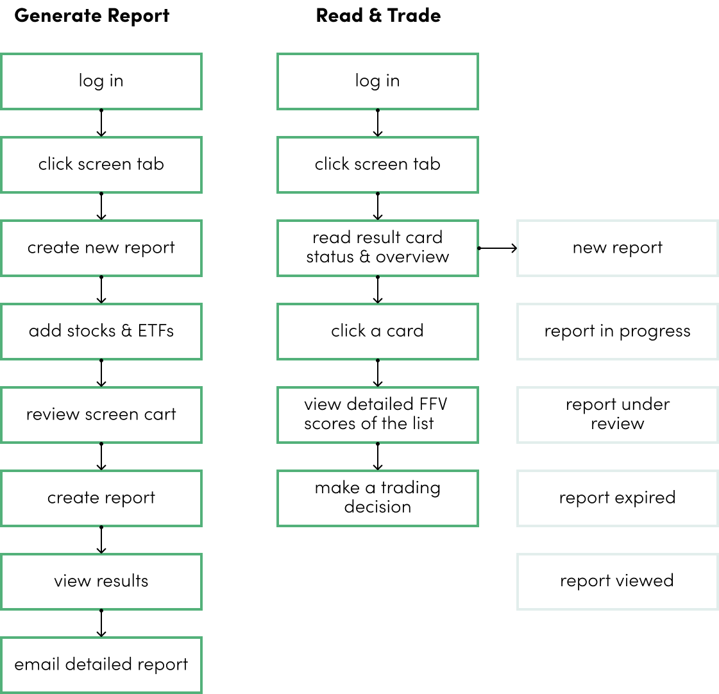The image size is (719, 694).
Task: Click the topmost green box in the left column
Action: tap(101, 81)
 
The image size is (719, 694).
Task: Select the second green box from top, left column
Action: tap(101, 165)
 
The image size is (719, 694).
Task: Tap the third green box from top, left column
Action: tap(101, 248)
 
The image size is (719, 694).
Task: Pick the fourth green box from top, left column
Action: tap(101, 332)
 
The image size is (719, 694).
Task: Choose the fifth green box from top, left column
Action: tap(101, 415)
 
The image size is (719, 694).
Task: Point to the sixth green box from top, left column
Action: tap(101, 498)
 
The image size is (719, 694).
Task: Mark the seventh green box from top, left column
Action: tap(101, 582)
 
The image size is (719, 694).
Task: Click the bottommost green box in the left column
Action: tap(101, 665)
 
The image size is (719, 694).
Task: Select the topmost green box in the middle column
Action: tap(378, 81)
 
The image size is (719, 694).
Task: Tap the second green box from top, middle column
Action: tap(378, 165)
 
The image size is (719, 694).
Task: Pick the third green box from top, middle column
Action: tap(378, 248)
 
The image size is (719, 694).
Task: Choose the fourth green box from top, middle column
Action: tap(378, 332)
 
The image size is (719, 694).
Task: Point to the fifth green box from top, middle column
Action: tap(378, 415)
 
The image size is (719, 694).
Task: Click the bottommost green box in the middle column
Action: tap(378, 498)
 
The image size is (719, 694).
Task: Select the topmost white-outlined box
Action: tap(617, 248)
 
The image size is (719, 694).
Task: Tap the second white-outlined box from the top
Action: tap(617, 332)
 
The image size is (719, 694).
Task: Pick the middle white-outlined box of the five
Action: tap(617, 415)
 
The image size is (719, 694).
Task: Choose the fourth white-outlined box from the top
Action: tap(617, 498)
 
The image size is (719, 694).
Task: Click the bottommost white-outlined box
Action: tap(617, 582)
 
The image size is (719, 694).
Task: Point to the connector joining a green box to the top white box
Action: tap(498, 248)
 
